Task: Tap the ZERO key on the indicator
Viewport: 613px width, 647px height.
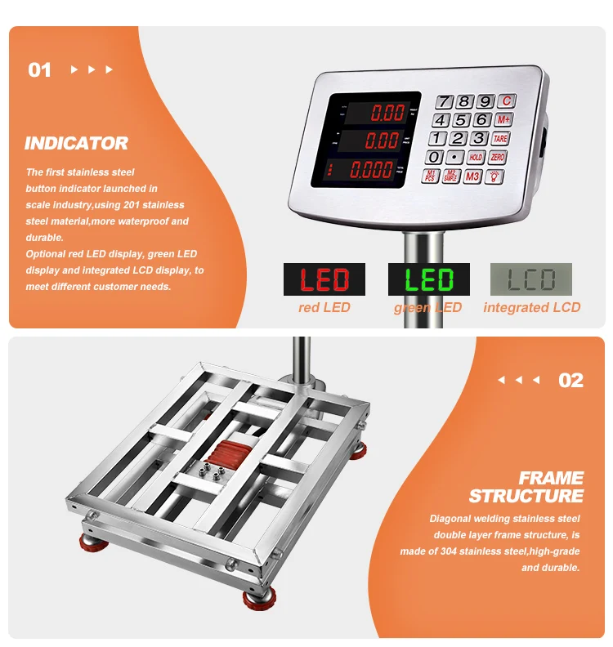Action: (x=498, y=156)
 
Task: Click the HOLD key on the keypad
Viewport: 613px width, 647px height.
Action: (x=476, y=156)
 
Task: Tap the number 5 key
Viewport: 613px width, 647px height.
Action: (x=463, y=120)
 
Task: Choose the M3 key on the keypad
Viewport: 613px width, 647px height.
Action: (x=472, y=176)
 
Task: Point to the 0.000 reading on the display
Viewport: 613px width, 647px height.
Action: (x=370, y=170)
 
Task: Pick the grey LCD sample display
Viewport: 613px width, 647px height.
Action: (x=530, y=279)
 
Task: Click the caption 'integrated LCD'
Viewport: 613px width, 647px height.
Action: (x=531, y=307)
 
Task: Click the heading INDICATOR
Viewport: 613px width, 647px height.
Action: (x=76, y=144)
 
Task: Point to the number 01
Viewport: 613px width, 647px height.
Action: (x=40, y=70)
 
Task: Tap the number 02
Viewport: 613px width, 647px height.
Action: (x=570, y=380)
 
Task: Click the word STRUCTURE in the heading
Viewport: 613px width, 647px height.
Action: (x=526, y=496)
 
